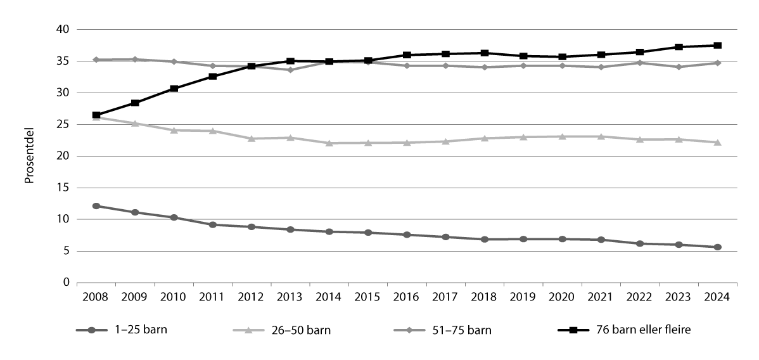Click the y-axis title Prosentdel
tap(29, 156)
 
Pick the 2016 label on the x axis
tap(407, 297)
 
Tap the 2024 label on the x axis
tap(717, 297)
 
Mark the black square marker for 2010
tap(174, 89)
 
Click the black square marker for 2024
tap(717, 46)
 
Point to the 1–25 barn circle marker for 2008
tap(96, 206)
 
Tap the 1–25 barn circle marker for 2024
tap(717, 247)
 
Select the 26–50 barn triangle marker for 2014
tap(329, 143)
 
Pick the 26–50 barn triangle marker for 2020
tap(562, 136)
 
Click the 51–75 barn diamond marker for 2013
tap(290, 70)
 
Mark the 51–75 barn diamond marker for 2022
tap(640, 63)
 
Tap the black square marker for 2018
tap(484, 53)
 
